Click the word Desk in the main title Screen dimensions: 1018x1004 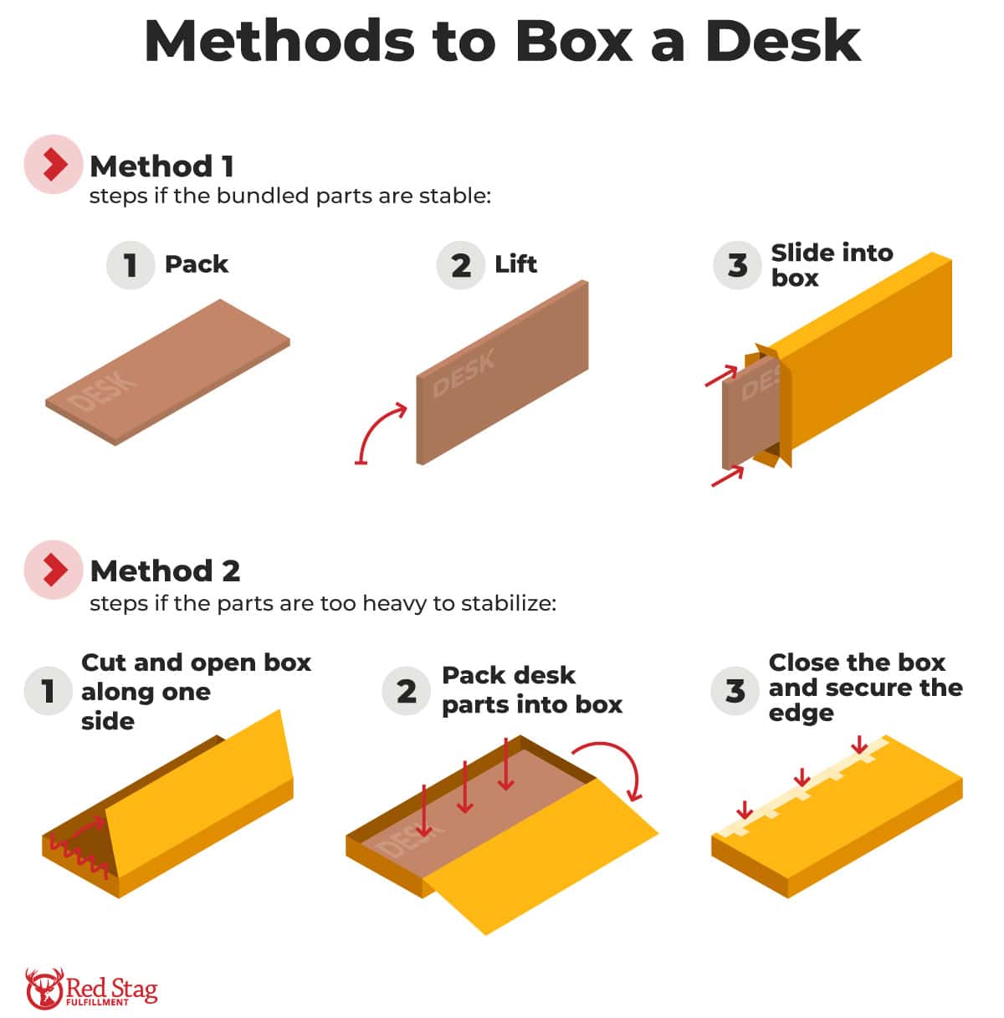point(782,40)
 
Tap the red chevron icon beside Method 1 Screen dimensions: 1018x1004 point(54,165)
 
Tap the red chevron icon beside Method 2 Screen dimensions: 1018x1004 point(54,570)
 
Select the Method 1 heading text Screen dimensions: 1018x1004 point(161,166)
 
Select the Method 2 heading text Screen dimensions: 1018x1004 point(165,570)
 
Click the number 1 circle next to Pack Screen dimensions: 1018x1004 point(130,265)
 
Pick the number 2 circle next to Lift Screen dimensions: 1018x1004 point(460,265)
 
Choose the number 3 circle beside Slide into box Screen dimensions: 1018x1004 point(736,265)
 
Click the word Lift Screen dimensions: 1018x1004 point(515,264)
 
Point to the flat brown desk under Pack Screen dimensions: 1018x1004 point(167,372)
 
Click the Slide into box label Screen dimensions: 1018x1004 point(831,264)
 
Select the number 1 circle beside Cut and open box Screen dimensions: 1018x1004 point(49,691)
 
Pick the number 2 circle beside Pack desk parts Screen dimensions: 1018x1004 point(406,691)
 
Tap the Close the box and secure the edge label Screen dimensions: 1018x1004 point(864,688)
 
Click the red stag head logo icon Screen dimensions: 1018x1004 point(44,988)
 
